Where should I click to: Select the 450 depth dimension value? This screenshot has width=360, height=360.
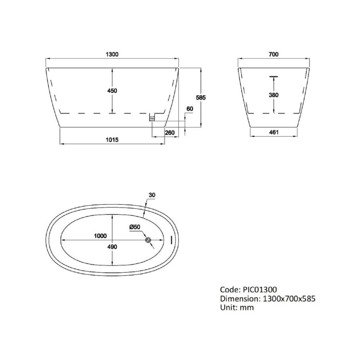pos(112,91)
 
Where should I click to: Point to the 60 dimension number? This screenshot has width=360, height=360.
pos(190,109)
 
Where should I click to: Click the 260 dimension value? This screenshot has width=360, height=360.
pos(170,133)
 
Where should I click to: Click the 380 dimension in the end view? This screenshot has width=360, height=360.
pos(274,95)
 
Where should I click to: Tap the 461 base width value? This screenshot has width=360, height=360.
pos(274,132)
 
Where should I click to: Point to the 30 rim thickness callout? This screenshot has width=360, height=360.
pos(151,195)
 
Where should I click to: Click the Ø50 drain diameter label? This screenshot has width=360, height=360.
pos(134,227)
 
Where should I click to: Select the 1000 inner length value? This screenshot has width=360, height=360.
pos(100,236)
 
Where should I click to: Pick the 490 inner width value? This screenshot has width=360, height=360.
pos(112,247)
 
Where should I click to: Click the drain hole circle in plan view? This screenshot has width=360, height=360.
pos(148,240)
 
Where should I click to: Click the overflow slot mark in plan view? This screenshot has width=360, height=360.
pos(171,240)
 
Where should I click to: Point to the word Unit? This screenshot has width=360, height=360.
pos(227,308)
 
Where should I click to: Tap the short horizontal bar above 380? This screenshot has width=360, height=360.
pos(274,76)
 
